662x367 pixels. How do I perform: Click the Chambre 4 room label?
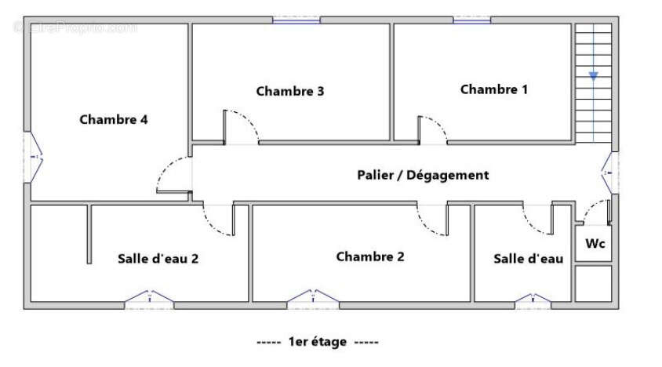click(x=114, y=120)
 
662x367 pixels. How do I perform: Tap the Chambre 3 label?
click(x=290, y=91)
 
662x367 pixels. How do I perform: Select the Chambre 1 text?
click(x=493, y=89)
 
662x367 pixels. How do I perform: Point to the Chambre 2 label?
click(x=370, y=256)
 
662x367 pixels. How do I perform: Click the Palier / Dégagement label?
click(x=423, y=175)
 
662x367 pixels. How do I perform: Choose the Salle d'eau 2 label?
click(x=158, y=258)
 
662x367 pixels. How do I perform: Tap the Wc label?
click(x=595, y=244)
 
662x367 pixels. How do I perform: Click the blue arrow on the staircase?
click(x=594, y=76)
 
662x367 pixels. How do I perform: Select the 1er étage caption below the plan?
click(x=317, y=343)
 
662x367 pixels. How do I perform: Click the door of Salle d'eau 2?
click(x=220, y=220)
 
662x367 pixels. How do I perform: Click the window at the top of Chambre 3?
click(x=296, y=20)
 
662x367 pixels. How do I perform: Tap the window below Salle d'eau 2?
click(x=150, y=298)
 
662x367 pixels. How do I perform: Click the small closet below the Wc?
click(x=594, y=283)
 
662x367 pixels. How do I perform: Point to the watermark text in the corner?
click(x=75, y=28)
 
